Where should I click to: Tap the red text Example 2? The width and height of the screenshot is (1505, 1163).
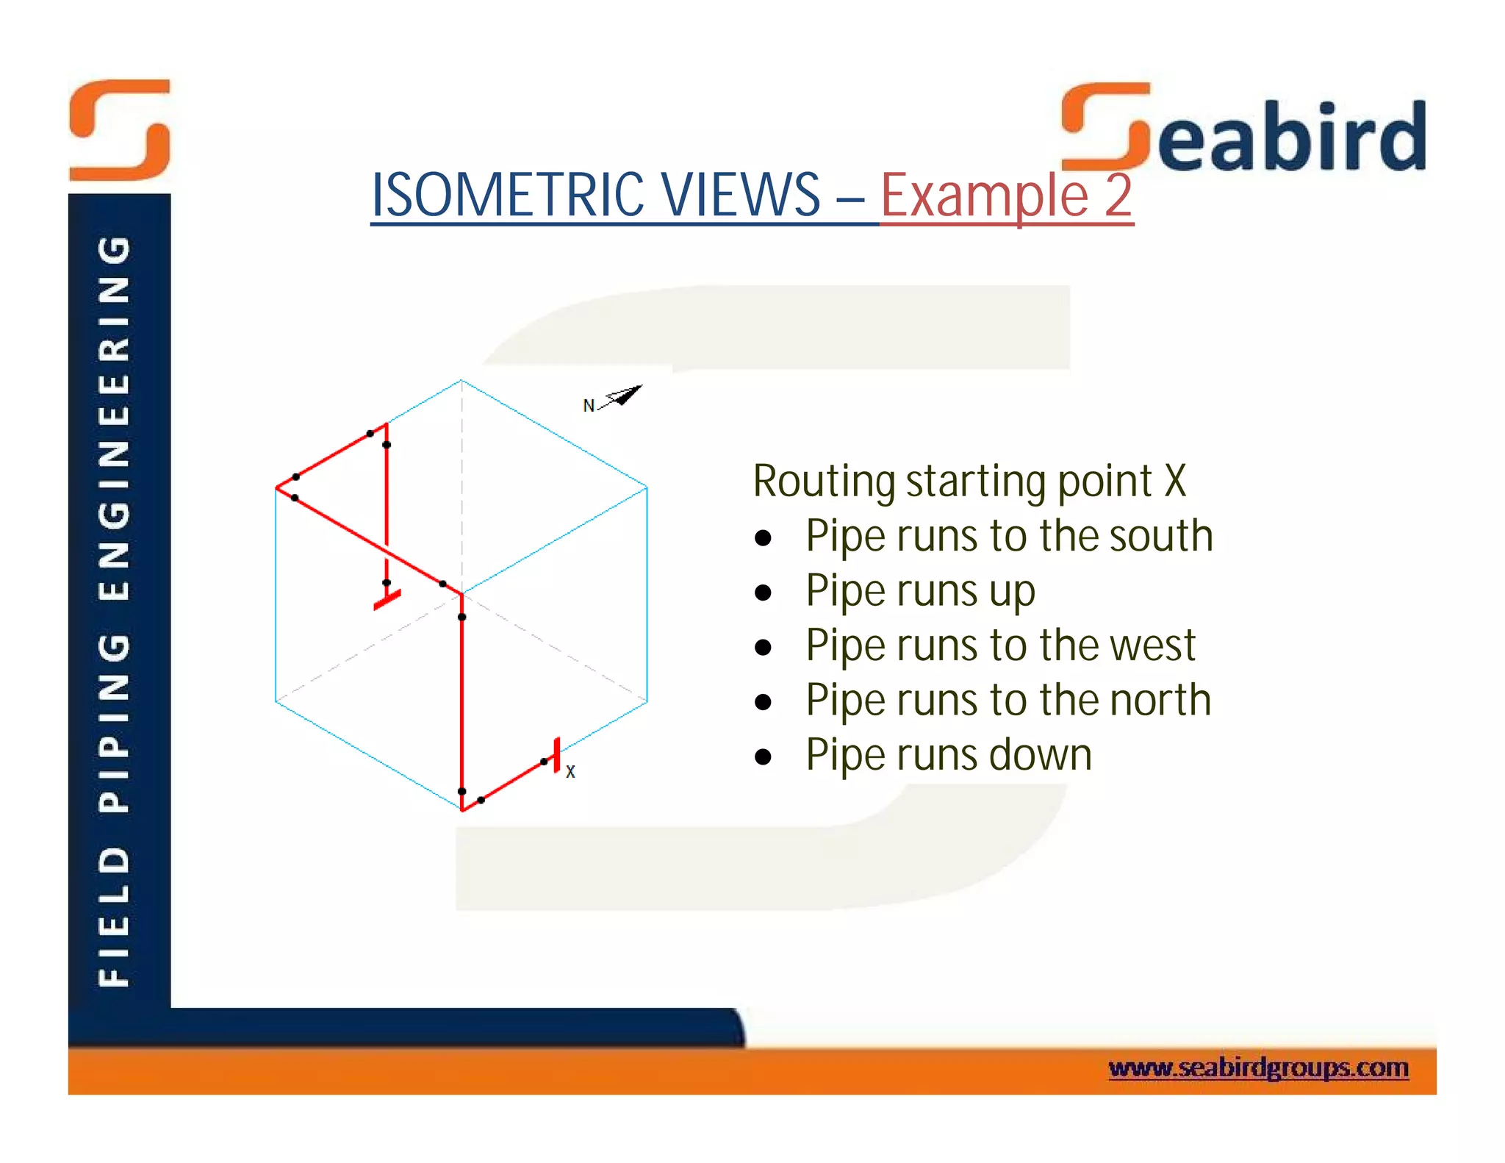click(1006, 196)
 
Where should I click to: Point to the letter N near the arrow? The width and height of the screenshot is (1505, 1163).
click(588, 406)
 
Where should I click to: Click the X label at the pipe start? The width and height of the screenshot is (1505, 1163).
click(570, 772)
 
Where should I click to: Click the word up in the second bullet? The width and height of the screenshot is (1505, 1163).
click(1012, 592)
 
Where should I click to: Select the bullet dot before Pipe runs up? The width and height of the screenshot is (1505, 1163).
click(764, 592)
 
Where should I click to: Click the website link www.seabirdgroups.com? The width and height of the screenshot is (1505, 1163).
click(1258, 1067)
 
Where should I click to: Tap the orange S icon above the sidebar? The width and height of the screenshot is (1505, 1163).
click(120, 130)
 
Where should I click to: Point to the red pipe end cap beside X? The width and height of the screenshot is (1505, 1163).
click(557, 755)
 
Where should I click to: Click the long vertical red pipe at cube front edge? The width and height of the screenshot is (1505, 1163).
click(461, 706)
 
